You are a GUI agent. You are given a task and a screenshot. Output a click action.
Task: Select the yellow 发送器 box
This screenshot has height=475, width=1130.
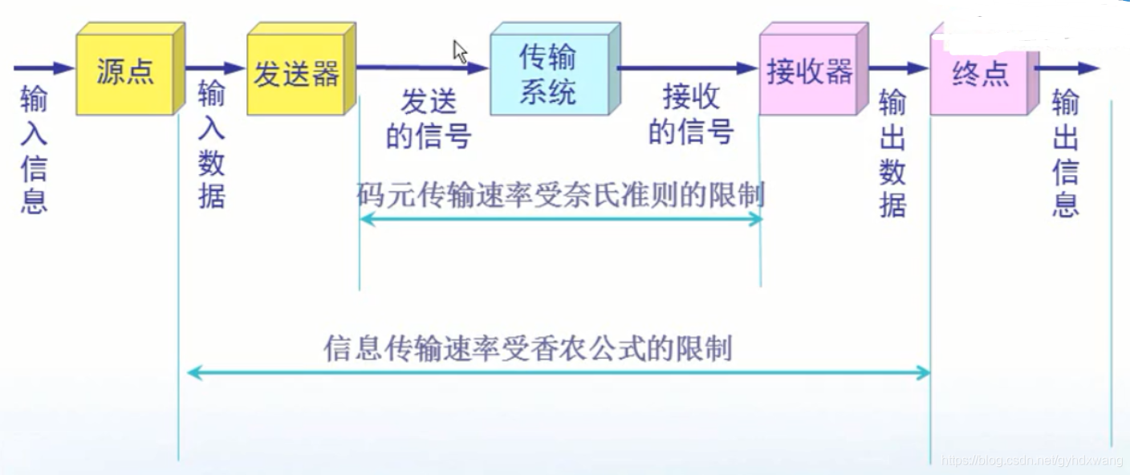coord(296,75)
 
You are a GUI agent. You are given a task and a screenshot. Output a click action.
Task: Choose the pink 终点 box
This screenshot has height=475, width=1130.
coord(980,75)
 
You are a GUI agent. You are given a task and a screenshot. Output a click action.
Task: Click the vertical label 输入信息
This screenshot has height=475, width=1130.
coord(34,151)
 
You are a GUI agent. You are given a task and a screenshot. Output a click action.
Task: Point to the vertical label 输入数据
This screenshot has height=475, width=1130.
coord(211,144)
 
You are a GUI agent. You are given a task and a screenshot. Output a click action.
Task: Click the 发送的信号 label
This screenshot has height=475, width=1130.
coord(428,120)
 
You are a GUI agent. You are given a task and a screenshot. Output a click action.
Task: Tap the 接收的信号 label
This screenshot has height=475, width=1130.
coord(690,115)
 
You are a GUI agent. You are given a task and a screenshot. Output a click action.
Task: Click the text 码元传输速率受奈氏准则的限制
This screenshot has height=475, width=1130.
coord(560,195)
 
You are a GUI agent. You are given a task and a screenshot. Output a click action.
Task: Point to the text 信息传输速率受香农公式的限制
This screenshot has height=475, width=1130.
coord(528,350)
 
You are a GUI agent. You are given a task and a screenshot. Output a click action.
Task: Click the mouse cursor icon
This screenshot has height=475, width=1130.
coord(460,52)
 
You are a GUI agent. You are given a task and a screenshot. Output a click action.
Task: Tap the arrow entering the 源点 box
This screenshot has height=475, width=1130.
coord(44,68)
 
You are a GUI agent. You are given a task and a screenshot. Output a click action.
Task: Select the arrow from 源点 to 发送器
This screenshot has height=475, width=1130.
coord(215,68)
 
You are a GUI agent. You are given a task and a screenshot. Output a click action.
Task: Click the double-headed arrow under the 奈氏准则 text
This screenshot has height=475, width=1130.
coord(560,218)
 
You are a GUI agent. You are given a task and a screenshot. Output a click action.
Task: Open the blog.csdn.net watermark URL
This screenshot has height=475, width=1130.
coord(1031,461)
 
